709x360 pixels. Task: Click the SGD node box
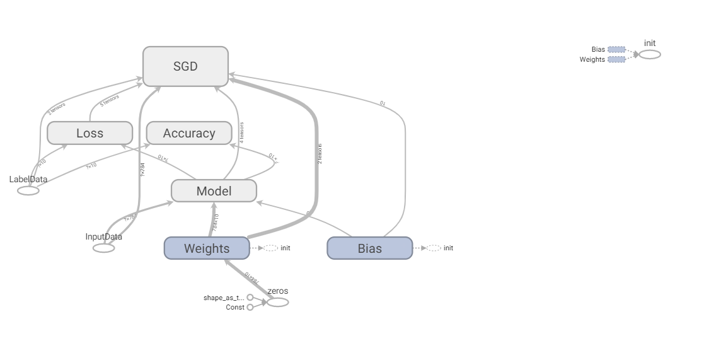pyautogui.click(x=185, y=66)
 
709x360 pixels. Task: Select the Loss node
pyautogui.click(x=89, y=133)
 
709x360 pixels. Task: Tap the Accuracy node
pyautogui.click(x=189, y=133)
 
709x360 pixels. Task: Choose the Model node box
pyautogui.click(x=214, y=191)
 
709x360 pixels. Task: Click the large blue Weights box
pyautogui.click(x=206, y=248)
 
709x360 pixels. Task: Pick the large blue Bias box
pyautogui.click(x=369, y=248)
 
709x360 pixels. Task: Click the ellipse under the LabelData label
pyautogui.click(x=28, y=190)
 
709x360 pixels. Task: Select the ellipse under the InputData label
pyautogui.click(x=104, y=248)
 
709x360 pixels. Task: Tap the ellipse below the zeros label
pyautogui.click(x=277, y=302)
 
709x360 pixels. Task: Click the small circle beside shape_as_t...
pyautogui.click(x=250, y=297)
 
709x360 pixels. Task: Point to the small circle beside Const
pyautogui.click(x=250, y=307)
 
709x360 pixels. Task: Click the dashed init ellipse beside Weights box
pyautogui.click(x=270, y=248)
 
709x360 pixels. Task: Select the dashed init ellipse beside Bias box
pyautogui.click(x=434, y=248)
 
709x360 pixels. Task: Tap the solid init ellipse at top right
pyautogui.click(x=650, y=54)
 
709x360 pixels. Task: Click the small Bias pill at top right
pyautogui.click(x=617, y=49)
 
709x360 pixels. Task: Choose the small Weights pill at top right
pyautogui.click(x=617, y=59)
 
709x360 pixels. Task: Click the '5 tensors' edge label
pyautogui.click(x=109, y=100)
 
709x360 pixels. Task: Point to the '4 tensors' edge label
pyautogui.click(x=241, y=132)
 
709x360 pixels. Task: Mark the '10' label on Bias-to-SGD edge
pyautogui.click(x=382, y=103)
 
